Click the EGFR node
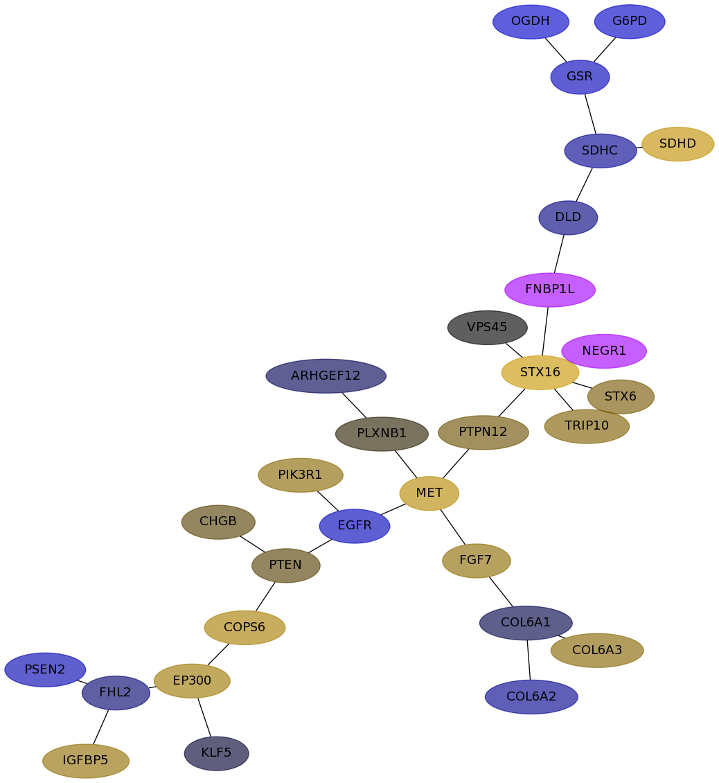pyautogui.click(x=355, y=526)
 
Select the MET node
pyautogui.click(x=429, y=493)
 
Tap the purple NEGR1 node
pyautogui.click(x=604, y=351)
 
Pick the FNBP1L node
pyautogui.click(x=550, y=290)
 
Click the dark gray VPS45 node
pyautogui.click(x=488, y=328)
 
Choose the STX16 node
pyautogui.click(x=540, y=373)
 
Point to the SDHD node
pyautogui.click(x=677, y=144)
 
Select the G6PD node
pyautogui.click(x=630, y=21)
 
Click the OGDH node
pyautogui.click(x=531, y=21)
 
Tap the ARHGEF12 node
pyautogui.click(x=326, y=376)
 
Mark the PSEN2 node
pyautogui.click(x=45, y=669)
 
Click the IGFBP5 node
pyautogui.click(x=86, y=761)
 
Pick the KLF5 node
pyautogui.click(x=217, y=753)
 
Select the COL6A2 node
pyautogui.click(x=531, y=696)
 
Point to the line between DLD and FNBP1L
pyautogui.click(x=559, y=254)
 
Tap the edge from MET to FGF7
pyautogui.click(x=453, y=527)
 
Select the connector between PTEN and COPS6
pyautogui.click(x=265, y=596)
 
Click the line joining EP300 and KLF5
pyautogui.click(x=205, y=717)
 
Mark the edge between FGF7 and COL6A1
pyautogui.click(x=501, y=592)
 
